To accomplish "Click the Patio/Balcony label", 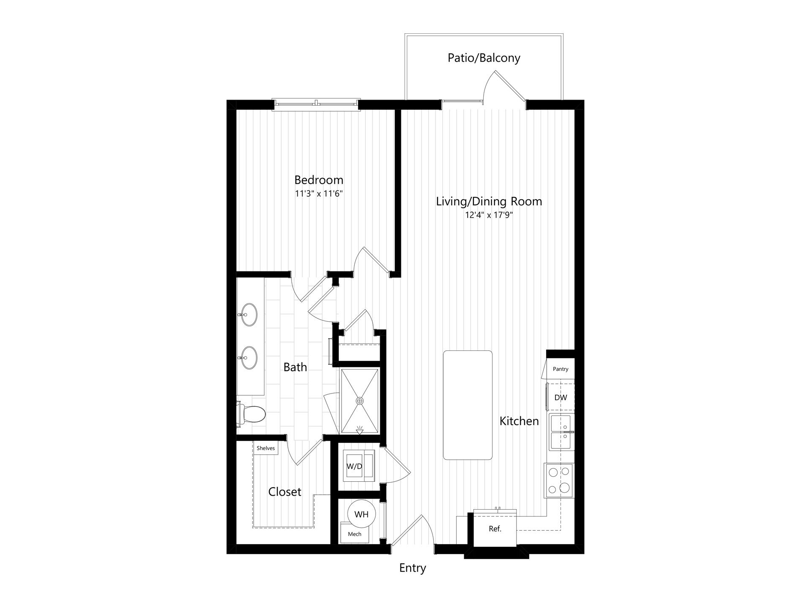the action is pos(484,58).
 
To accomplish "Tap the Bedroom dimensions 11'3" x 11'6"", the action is pos(318,194).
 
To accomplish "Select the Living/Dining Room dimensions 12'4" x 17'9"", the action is pos(489,215).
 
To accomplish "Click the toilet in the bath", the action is pos(251,413).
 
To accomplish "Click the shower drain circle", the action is pos(360,400).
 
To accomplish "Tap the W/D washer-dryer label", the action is pos(354,467).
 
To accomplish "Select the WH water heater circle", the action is pos(361,514).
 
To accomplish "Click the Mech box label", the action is pos(354,534).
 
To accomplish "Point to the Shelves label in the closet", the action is pos(266,448).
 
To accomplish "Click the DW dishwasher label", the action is pos(561,397).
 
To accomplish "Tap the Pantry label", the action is pos(561,369).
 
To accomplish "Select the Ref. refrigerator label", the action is pos(495,529).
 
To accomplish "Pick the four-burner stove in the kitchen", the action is pos(559,480).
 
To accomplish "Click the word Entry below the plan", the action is pos(413,568).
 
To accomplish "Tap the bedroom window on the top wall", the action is pos(316,103).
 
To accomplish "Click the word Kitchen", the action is pos(519,421).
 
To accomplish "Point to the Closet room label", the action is pos(285,491).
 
